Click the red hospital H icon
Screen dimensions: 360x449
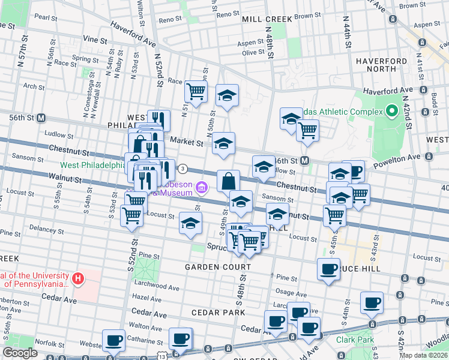pos(77,278)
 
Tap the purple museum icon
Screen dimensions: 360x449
pos(202,189)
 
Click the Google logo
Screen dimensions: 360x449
pos(20,353)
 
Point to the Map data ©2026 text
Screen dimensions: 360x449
pos(424,355)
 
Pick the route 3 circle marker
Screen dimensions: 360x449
pos(182,169)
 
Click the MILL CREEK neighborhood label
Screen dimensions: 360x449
pos(267,19)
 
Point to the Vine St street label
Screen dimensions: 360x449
pos(95,39)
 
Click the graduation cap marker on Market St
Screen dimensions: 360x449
pos(224,143)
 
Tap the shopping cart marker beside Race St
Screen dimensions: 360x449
pos(196,91)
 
